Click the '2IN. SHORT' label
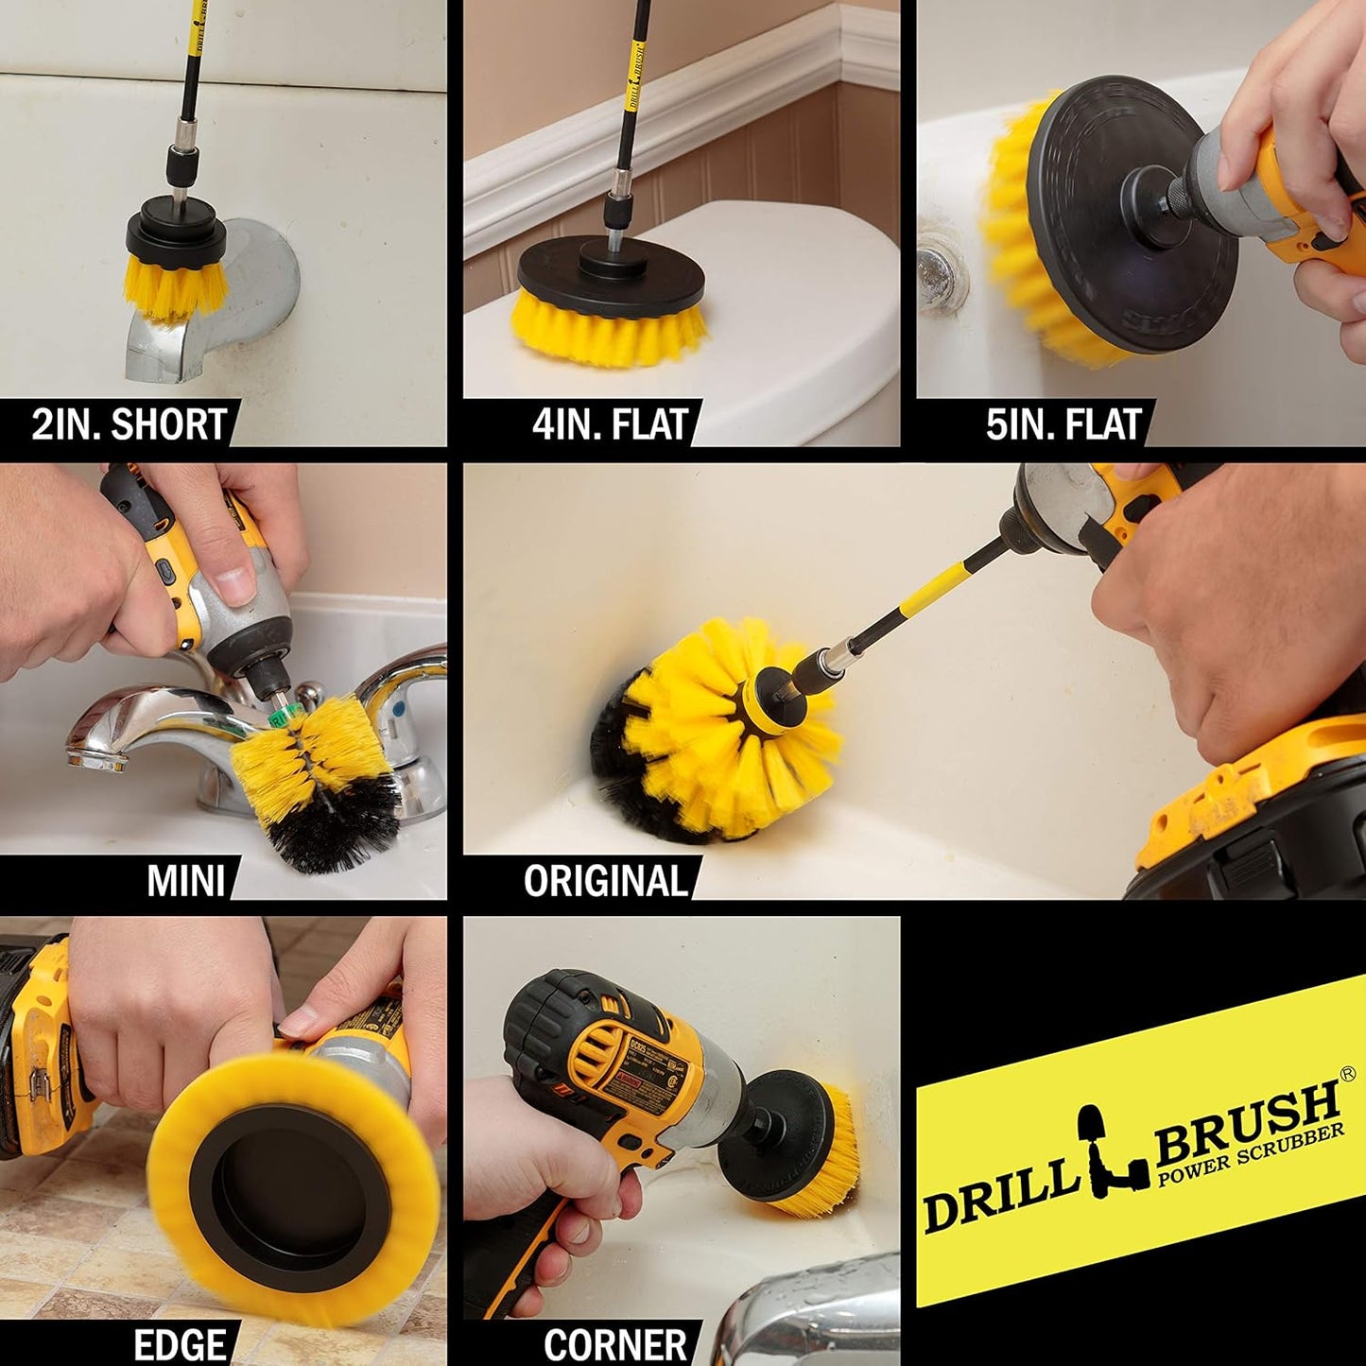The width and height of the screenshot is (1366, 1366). point(129,424)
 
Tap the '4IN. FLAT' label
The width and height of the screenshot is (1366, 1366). point(610,424)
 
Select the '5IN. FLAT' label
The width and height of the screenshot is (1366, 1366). point(1063,424)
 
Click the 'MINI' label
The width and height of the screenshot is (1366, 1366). point(186,880)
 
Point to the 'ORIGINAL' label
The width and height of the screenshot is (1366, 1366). point(605,880)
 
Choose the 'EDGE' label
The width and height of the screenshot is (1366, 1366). point(180,1344)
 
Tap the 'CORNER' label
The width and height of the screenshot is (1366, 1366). point(615,1344)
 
